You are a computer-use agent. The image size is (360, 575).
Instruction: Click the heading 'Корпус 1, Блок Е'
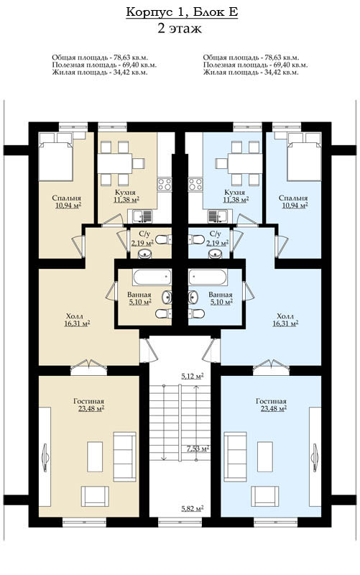(x=182, y=12)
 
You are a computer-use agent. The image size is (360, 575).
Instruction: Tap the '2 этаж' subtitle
(x=180, y=28)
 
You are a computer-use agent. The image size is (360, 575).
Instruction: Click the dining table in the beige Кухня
(x=114, y=163)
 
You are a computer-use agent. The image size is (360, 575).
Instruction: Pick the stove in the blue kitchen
(x=195, y=184)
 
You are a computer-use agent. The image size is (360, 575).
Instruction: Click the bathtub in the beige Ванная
(x=152, y=277)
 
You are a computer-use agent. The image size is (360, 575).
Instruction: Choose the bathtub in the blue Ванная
(x=208, y=277)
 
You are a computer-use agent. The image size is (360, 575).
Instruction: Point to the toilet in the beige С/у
(x=164, y=240)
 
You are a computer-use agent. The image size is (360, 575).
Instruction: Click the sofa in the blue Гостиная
(x=235, y=456)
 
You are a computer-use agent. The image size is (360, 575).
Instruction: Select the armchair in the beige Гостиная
(x=95, y=496)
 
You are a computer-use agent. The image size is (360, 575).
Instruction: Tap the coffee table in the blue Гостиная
(x=264, y=456)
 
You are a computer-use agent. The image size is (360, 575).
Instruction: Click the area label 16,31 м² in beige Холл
(x=77, y=323)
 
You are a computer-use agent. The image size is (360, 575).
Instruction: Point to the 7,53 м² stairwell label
(x=198, y=448)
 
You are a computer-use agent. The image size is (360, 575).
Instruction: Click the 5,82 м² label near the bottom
(x=193, y=508)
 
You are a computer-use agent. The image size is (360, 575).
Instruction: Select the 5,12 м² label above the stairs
(x=193, y=376)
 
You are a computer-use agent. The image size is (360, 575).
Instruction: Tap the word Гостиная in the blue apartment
(x=272, y=402)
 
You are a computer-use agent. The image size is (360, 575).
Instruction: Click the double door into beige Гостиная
(x=88, y=366)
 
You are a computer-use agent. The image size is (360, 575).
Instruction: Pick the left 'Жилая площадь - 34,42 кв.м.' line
(x=100, y=73)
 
